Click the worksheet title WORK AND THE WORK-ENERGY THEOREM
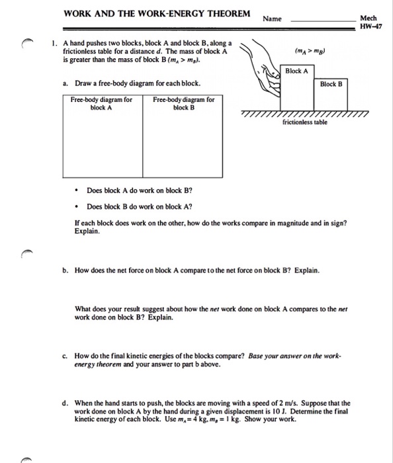click(x=157, y=14)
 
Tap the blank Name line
click(x=324, y=21)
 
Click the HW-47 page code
click(x=371, y=26)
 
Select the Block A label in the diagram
click(x=296, y=71)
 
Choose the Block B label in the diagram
click(x=331, y=84)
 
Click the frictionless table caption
click(x=305, y=122)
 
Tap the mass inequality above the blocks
click(x=310, y=51)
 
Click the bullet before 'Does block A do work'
click(x=77, y=190)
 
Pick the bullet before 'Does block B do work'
click(x=77, y=206)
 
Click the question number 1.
click(x=54, y=44)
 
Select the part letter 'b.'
click(x=65, y=270)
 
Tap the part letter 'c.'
click(x=65, y=356)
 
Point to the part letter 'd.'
click(x=65, y=403)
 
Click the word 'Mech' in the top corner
click(x=369, y=19)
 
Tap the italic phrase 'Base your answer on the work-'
click(x=294, y=356)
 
